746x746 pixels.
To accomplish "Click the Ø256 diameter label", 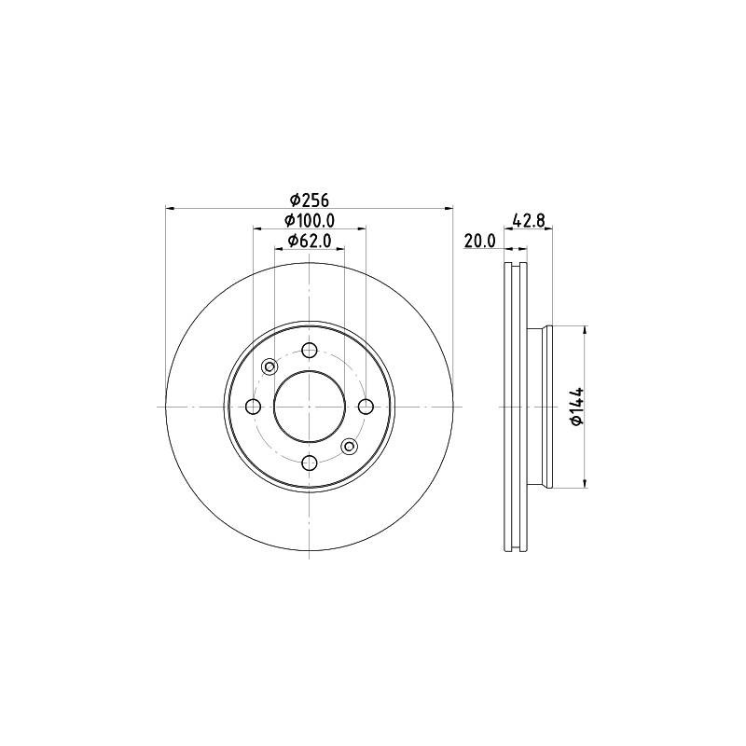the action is click(x=310, y=200).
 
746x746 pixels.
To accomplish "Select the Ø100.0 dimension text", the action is click(x=310, y=221).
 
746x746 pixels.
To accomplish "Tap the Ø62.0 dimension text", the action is click(x=310, y=242).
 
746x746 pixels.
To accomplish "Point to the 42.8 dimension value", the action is click(x=529, y=221).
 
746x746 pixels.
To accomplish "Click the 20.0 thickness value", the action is click(x=479, y=242).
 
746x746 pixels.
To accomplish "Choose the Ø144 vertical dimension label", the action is click(x=576, y=407).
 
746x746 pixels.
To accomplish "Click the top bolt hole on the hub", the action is click(x=310, y=351).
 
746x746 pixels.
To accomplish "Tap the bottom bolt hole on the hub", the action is click(x=310, y=462).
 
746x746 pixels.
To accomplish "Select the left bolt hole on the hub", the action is click(x=254, y=407).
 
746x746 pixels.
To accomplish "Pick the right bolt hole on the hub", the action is click(x=366, y=407).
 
